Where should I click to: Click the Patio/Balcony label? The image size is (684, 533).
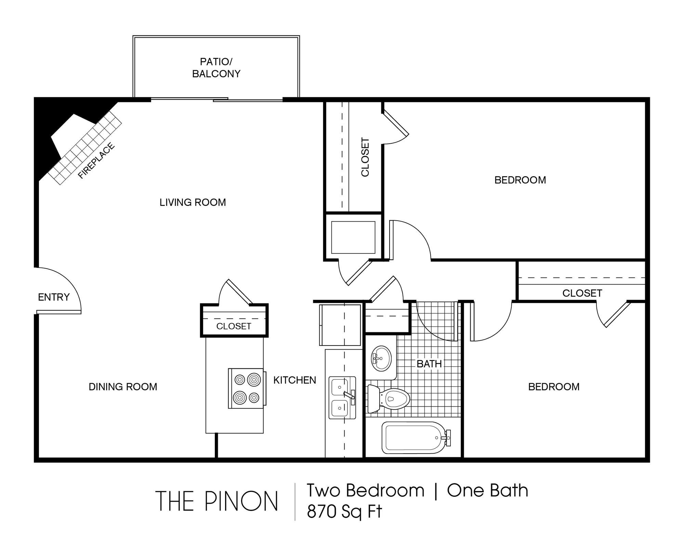coord(216,68)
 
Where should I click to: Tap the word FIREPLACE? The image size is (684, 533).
coord(96,161)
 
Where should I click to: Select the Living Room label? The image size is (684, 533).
coord(193,202)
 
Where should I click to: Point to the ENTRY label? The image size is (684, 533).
coord(54,297)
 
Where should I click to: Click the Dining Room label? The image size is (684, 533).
coord(123,387)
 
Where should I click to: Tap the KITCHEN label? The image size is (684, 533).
coord(294,380)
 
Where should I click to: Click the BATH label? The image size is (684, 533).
coord(429,364)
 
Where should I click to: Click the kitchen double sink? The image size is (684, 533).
coord(342,398)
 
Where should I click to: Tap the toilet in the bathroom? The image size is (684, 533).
coord(389,399)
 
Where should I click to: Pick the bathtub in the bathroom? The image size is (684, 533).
coord(416,438)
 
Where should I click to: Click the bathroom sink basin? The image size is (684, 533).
coord(381,358)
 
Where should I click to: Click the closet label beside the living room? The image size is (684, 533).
coord(365,157)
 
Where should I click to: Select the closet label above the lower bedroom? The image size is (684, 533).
coord(582,293)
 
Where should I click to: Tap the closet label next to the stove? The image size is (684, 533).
coord(234,326)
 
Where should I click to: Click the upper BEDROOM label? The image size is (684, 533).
coord(520,180)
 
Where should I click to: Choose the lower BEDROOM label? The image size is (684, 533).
coord(554,387)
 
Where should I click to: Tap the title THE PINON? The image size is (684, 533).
coord(216,502)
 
